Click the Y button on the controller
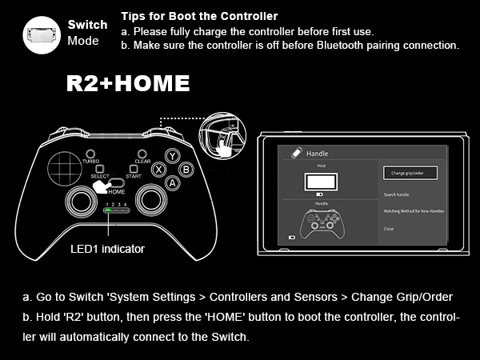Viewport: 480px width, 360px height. (171, 157)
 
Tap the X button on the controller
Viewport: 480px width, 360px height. (158, 169)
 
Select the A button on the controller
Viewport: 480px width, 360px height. (171, 182)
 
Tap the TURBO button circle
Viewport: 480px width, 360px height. (90, 154)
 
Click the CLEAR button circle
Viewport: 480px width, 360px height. (142, 154)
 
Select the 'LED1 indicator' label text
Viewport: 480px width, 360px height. (107, 249)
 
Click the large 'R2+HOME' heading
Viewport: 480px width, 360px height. (128, 83)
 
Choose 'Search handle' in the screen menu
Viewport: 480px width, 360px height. (398, 194)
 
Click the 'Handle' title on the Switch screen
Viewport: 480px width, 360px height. (318, 153)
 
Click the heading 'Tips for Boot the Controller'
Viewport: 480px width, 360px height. (199, 16)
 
